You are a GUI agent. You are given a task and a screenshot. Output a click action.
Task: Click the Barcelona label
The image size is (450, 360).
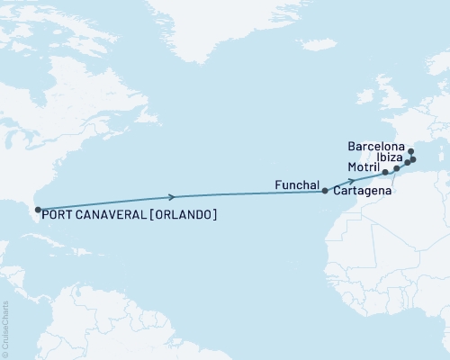click(376, 143)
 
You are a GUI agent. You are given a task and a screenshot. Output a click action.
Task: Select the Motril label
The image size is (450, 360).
click(363, 167)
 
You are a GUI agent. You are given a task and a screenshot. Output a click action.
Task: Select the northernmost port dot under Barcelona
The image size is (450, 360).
click(409, 151)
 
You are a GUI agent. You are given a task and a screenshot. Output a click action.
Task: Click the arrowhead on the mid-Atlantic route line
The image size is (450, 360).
click(170, 195)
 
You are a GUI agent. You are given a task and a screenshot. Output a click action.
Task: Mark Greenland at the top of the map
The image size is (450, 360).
click(225, 22)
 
